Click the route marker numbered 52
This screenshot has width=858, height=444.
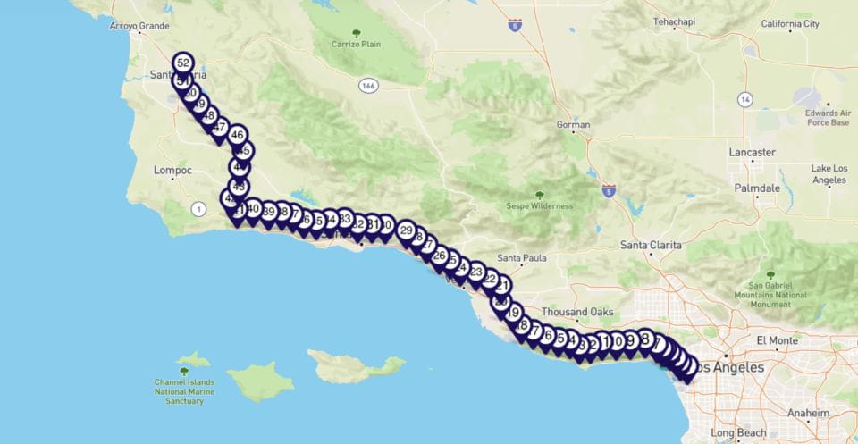pyautogui.click(x=183, y=63)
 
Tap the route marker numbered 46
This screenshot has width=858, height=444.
pyautogui.click(x=237, y=136)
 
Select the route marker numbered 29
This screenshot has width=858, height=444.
pyautogui.click(x=406, y=230)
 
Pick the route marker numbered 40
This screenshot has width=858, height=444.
pyautogui.click(x=253, y=209)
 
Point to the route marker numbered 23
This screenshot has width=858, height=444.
pyautogui.click(x=475, y=272)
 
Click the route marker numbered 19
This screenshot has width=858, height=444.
pyautogui.click(x=513, y=313)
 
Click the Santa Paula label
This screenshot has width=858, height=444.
pyautogui.click(x=521, y=258)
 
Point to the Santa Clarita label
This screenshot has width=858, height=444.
pyautogui.click(x=651, y=245)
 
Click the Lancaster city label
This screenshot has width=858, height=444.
pyautogui.click(x=752, y=152)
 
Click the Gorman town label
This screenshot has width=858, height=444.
pyautogui.click(x=573, y=125)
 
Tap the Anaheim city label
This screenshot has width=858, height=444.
pyautogui.click(x=807, y=413)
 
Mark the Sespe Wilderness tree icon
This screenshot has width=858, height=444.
pyautogui.click(x=539, y=194)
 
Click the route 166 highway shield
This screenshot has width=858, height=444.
pyautogui.click(x=368, y=85)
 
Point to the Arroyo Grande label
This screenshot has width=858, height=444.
pyautogui.click(x=139, y=26)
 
